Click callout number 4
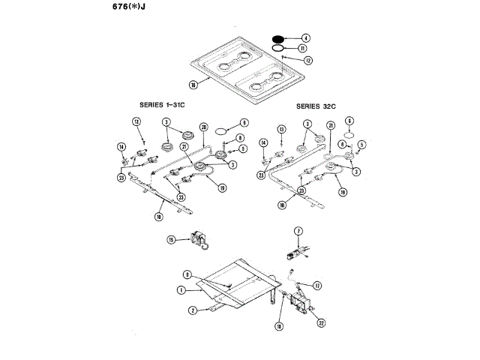click(x=305, y=37)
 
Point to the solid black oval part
click(x=278, y=37)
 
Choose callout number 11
click(x=303, y=48)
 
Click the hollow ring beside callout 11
click(x=277, y=47)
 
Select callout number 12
click(x=308, y=60)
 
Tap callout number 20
click(x=203, y=127)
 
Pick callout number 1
click(x=181, y=289)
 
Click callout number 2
click(x=192, y=310)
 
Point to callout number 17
click(x=317, y=285)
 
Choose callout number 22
click(x=322, y=323)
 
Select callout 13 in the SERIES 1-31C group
click(x=136, y=121)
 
